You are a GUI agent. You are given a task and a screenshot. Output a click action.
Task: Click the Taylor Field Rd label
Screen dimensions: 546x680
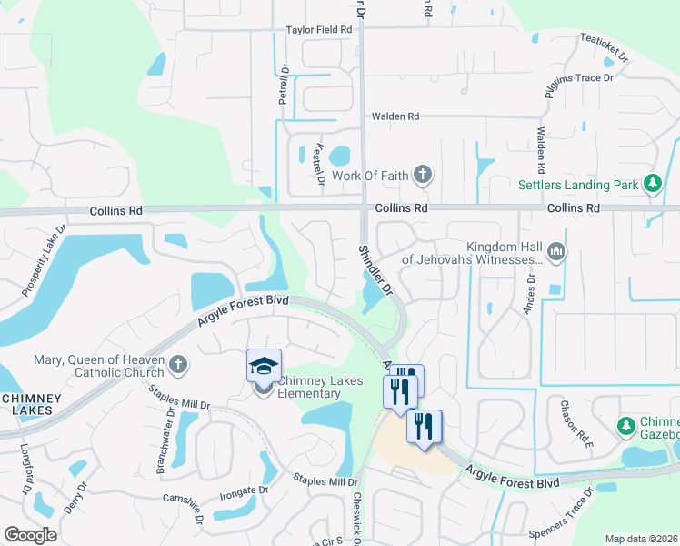(318, 30)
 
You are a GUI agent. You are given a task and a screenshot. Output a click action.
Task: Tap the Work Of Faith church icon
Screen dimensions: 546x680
(422, 174)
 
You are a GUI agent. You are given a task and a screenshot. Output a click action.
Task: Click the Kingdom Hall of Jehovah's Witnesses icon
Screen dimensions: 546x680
(556, 251)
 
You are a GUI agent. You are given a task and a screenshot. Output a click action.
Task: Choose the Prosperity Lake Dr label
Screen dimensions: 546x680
(44, 260)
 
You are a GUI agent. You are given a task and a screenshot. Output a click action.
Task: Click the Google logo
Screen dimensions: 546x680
(30, 535)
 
